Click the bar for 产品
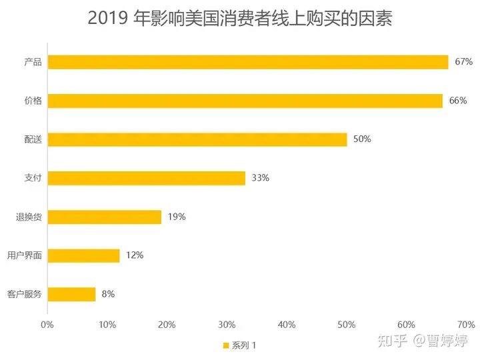tap(248, 62)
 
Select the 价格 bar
tap(245, 101)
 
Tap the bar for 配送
tap(197, 139)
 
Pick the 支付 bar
tap(147, 178)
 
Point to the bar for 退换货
tap(105, 217)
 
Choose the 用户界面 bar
tap(83, 256)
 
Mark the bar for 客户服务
tap(71, 295)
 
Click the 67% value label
tap(464, 61)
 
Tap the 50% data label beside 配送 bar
tap(362, 139)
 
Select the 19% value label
tap(177, 217)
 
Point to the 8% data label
tap(108, 294)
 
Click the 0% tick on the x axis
tap(47, 325)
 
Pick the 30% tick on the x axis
tap(227, 325)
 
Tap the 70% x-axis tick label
tap(466, 325)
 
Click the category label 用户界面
tap(25, 255)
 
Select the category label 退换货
tap(29, 217)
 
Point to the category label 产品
tap(33, 62)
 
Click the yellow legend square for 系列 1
tap(226, 345)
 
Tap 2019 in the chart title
tap(107, 18)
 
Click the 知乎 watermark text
tap(393, 341)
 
